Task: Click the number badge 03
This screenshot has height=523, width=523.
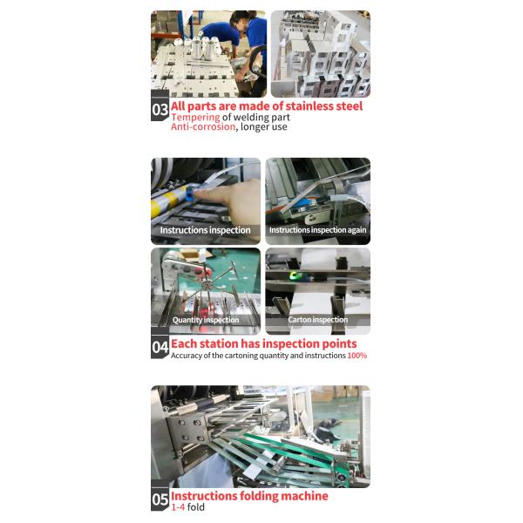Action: pos(160,110)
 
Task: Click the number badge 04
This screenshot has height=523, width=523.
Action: pos(160,348)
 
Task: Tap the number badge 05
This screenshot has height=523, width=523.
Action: pos(160,499)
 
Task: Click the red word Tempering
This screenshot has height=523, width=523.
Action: pos(195,117)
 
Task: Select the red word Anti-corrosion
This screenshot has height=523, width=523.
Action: pos(203,126)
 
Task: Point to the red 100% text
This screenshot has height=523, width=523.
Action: pos(357,356)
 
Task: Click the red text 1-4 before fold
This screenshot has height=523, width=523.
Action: pos(178,506)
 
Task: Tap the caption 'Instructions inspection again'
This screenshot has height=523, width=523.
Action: pos(317,230)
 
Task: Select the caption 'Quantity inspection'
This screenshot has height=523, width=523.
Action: pos(205,320)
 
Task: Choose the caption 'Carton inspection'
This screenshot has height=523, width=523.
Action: pos(317,320)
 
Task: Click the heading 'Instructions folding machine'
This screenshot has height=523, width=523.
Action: pos(249,496)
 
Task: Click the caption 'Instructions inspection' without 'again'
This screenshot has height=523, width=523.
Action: pos(205,230)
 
